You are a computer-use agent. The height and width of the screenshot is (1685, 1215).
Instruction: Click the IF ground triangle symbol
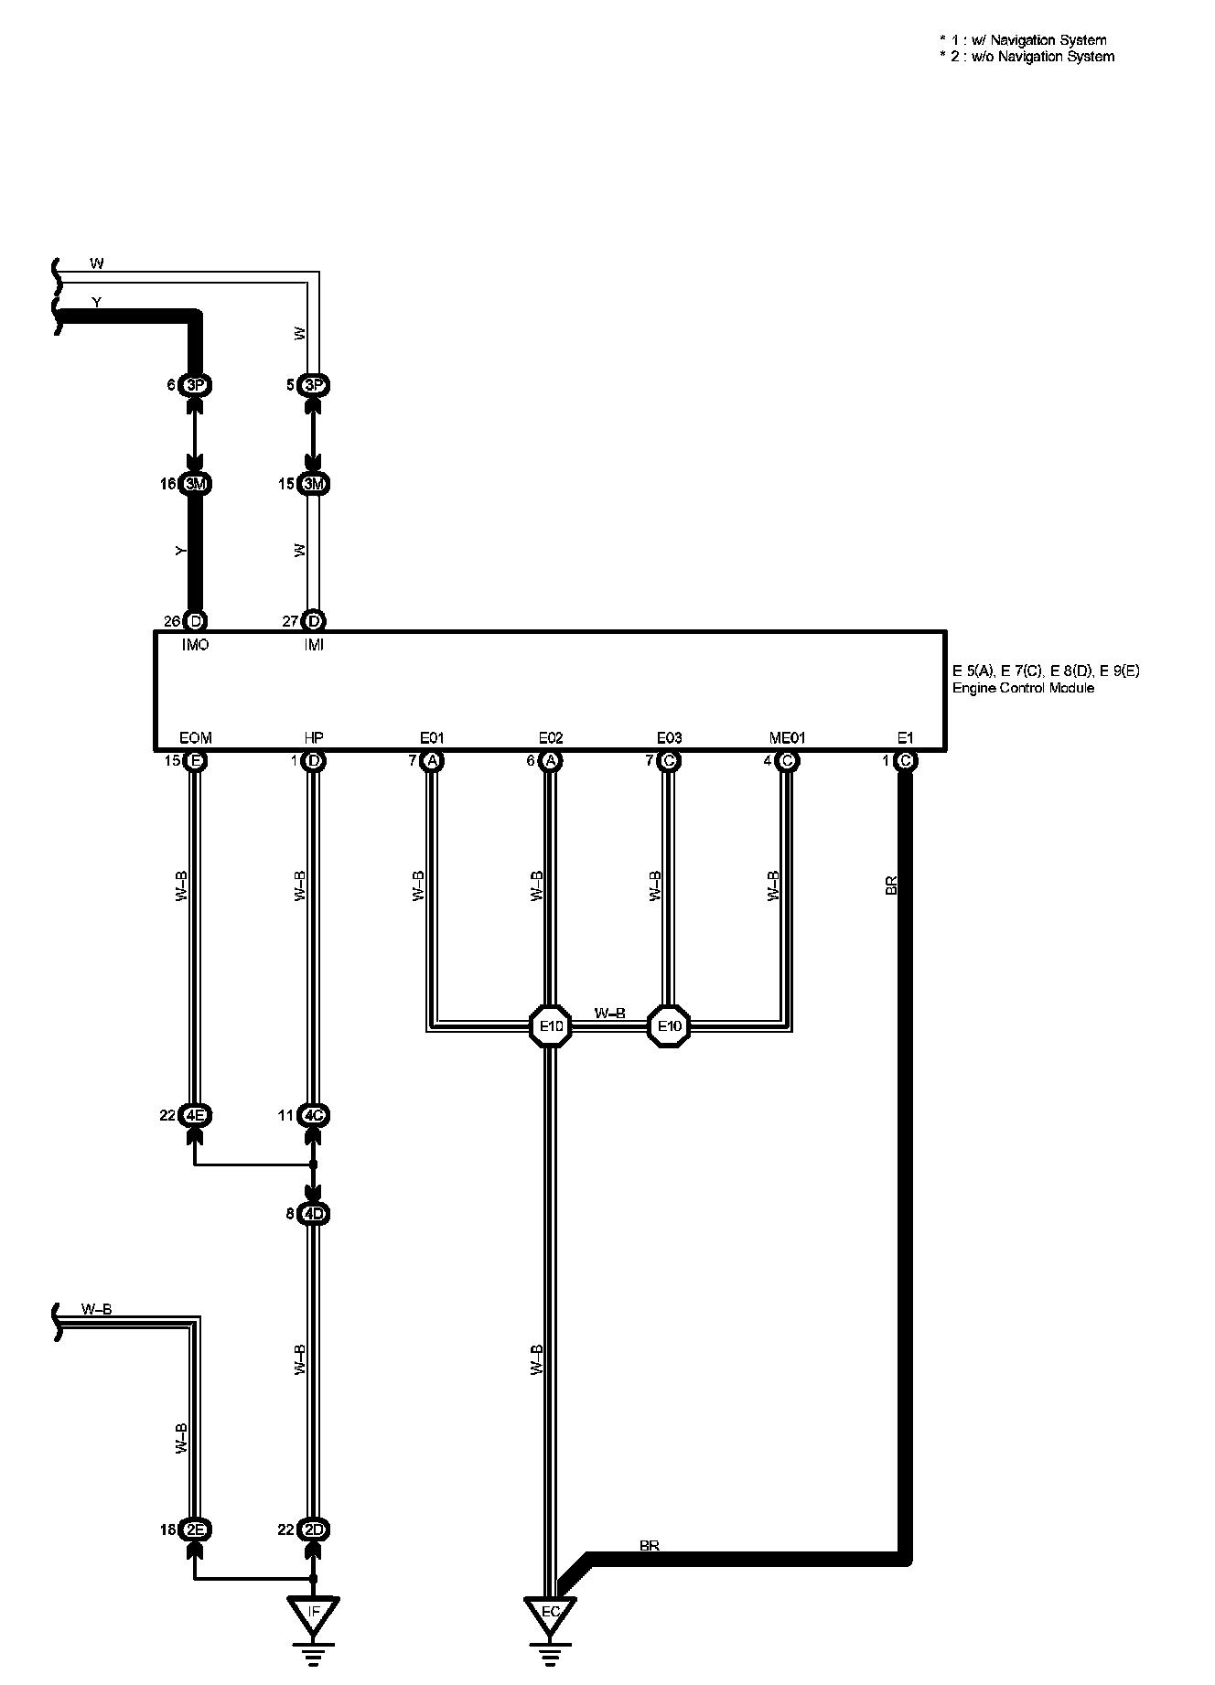point(313,1614)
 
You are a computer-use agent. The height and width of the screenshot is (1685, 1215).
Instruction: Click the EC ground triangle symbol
point(550,1615)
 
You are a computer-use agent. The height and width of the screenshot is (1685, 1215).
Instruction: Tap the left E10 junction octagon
point(551,1026)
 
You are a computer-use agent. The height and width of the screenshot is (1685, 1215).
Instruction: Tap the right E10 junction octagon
point(670,1026)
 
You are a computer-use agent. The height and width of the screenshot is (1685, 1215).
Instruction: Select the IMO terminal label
point(195,645)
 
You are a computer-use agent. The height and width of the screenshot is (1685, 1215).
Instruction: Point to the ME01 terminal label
point(787,737)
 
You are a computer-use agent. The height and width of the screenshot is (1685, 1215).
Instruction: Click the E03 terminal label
point(670,737)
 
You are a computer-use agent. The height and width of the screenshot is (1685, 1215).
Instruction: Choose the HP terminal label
point(314,737)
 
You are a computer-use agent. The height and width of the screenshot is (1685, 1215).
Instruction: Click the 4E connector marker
point(195,1115)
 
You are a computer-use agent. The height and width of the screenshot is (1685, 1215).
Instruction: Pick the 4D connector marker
point(314,1214)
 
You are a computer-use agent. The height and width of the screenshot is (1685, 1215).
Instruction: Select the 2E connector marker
point(195,1529)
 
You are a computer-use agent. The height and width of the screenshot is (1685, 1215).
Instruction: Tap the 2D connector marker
point(314,1529)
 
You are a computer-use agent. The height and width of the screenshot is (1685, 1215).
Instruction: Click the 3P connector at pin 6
point(195,385)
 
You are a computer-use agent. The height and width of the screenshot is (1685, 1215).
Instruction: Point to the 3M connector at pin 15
point(314,484)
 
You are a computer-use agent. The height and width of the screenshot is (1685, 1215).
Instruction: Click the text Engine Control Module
point(1023,688)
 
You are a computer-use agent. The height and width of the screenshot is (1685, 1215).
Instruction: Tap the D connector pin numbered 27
point(314,622)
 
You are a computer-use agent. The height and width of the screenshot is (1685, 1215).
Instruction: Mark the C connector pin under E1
point(905,761)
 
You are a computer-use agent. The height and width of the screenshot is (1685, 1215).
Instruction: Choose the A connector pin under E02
point(551,761)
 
